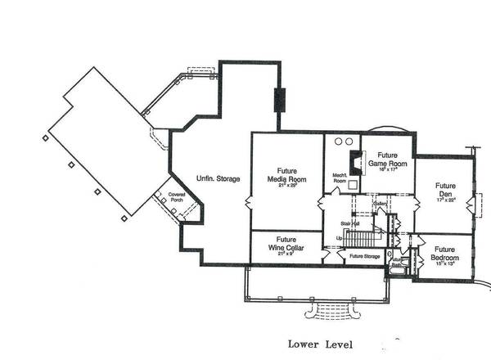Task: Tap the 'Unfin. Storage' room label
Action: pyautogui.click(x=217, y=178)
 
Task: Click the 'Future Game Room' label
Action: pyautogui.click(x=382, y=159)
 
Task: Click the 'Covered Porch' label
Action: pyautogui.click(x=177, y=199)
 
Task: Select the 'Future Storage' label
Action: pyautogui.click(x=364, y=257)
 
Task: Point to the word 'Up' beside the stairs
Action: pyautogui.click(x=340, y=238)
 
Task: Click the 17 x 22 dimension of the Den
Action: pyautogui.click(x=445, y=200)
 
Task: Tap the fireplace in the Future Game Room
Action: pyautogui.click(x=355, y=160)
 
